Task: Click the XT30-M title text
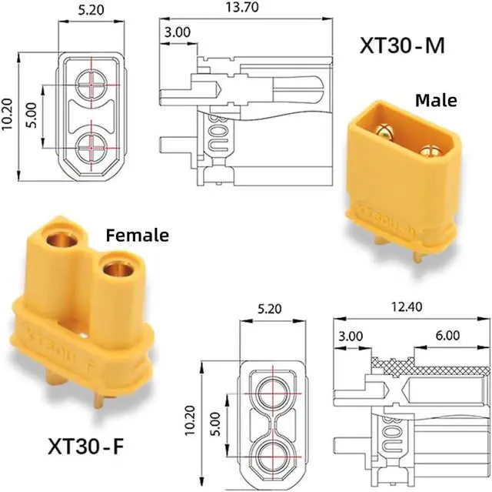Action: point(401,45)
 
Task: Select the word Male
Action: point(436,99)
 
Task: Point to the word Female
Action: point(137,235)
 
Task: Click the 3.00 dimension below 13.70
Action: point(176,32)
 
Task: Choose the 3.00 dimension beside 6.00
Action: point(350,336)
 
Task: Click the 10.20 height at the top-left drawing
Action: point(8,115)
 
